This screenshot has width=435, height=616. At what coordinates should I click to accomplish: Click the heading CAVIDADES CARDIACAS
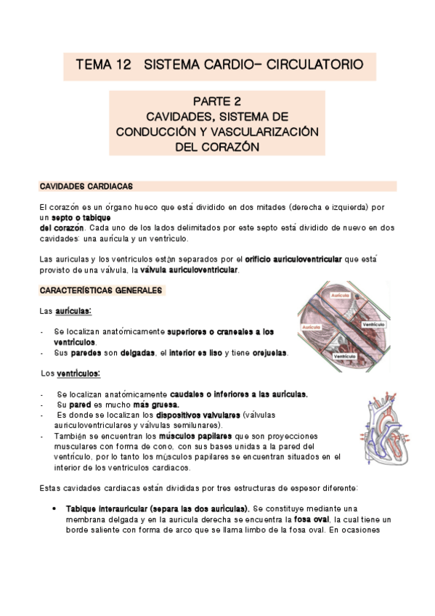[86, 187]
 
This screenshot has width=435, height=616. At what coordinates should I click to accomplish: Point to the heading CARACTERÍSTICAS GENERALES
[102, 291]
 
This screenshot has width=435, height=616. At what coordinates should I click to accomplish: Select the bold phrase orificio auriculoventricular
[299, 259]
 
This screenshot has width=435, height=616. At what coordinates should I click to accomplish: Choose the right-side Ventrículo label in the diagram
[373, 324]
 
